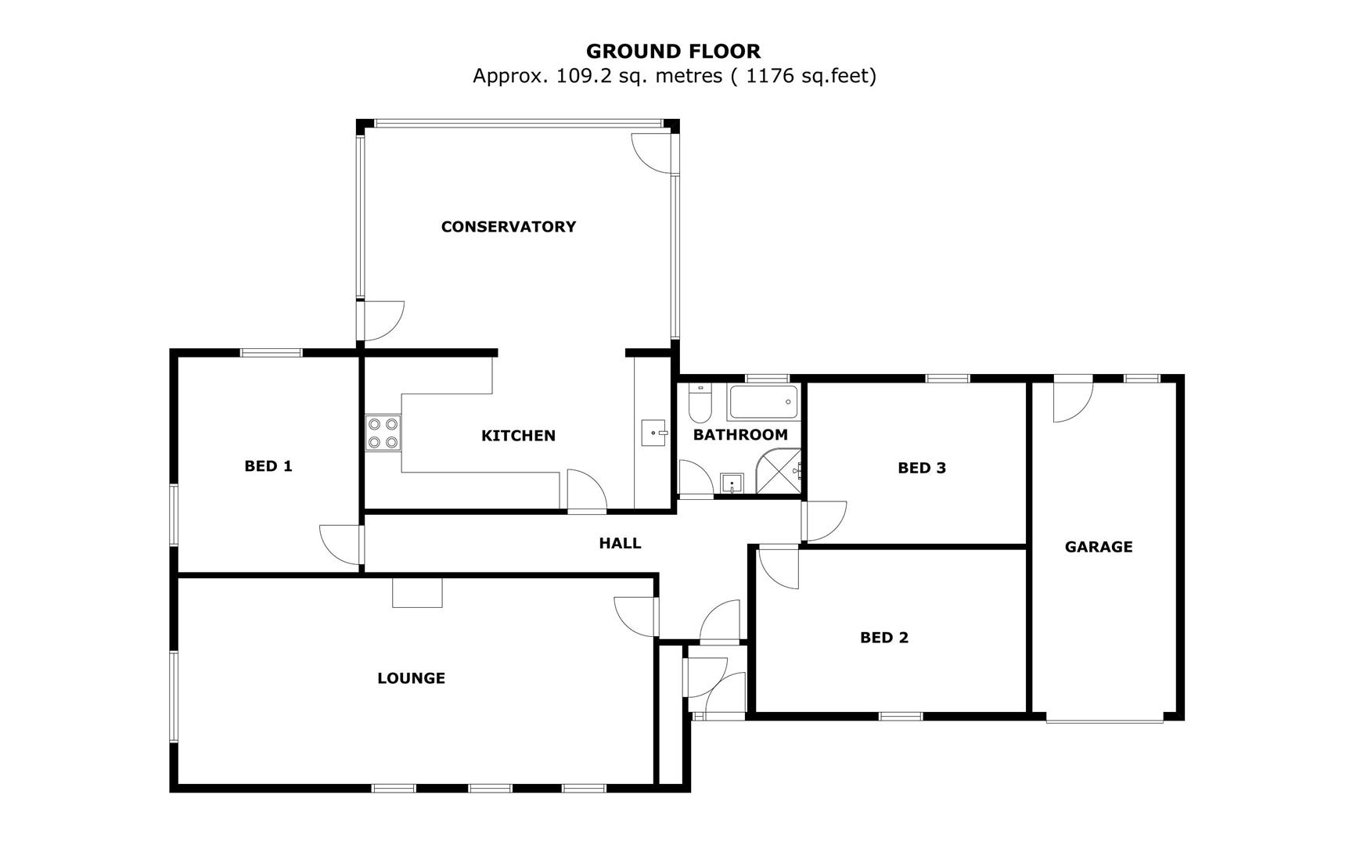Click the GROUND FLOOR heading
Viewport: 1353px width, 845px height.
673,52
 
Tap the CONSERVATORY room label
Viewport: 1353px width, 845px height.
509,227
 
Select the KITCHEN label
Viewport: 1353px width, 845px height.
518,436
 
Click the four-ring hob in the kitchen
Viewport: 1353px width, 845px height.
383,433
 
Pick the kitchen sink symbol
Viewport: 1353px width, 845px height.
653,433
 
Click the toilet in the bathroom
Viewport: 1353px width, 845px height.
698,405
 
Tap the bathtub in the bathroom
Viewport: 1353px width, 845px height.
763,402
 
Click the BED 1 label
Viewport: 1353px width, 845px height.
268,466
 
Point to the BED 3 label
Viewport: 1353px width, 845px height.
922,468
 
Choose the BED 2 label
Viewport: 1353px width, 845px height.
884,638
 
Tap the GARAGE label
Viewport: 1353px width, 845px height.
1099,547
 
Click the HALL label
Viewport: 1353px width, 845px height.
620,543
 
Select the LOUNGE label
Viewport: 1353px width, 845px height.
411,678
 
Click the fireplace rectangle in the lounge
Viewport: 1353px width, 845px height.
417,592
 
